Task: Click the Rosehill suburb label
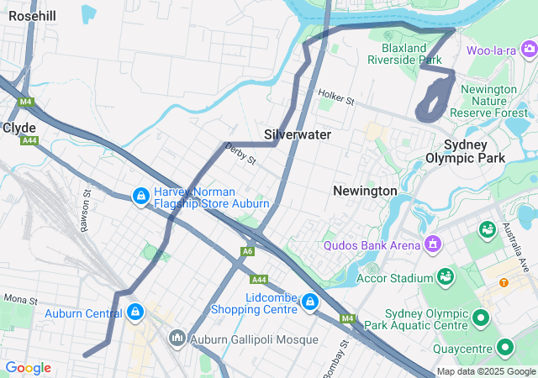click(32, 17)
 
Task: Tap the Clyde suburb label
click(18, 128)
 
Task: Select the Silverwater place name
click(298, 134)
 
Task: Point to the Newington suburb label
click(365, 191)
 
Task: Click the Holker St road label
click(336, 98)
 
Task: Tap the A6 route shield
click(247, 251)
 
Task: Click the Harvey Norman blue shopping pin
click(140, 197)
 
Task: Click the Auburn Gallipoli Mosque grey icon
click(177, 339)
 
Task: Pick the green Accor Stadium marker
click(443, 276)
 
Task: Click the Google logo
click(28, 368)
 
